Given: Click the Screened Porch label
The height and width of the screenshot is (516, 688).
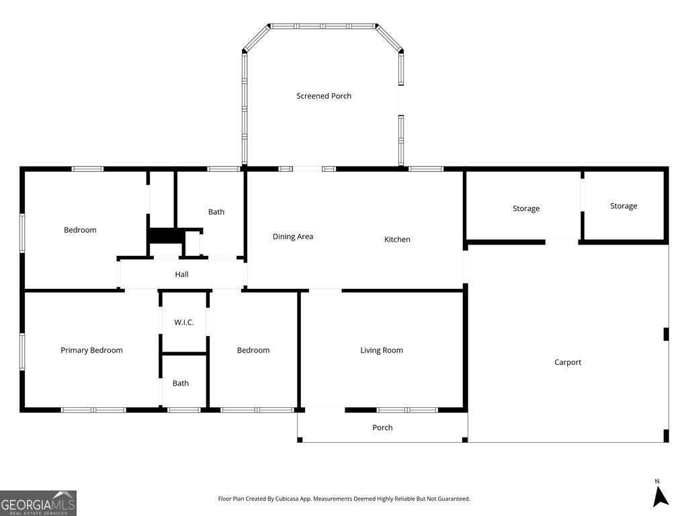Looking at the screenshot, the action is [x=324, y=95].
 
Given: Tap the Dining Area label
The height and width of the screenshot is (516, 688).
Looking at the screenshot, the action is [x=293, y=236].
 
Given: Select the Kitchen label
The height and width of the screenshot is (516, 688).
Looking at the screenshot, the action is [x=397, y=239].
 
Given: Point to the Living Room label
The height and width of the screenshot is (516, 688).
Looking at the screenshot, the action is [x=382, y=350].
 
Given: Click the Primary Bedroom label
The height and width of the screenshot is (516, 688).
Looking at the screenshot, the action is [x=91, y=350].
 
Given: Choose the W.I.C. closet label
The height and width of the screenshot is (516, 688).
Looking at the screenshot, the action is [x=184, y=322].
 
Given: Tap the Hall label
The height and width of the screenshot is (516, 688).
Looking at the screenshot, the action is [x=181, y=274].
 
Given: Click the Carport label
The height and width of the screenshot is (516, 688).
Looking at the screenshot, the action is [x=567, y=362].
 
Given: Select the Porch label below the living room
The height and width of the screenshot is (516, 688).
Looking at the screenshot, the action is [x=382, y=427].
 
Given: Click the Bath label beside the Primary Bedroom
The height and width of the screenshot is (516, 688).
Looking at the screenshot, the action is [x=180, y=383].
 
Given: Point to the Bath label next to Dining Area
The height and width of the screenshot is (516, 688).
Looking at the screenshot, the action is [x=216, y=212].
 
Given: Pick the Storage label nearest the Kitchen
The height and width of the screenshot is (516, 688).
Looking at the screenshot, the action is [x=526, y=208].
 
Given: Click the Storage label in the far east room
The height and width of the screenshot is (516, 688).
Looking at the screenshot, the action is [x=623, y=206].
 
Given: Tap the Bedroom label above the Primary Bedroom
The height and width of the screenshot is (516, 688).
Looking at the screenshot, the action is [x=80, y=230].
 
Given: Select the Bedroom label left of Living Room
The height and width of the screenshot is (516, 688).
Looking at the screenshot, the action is [x=253, y=350].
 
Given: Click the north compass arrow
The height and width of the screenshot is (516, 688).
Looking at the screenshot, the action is [x=660, y=498].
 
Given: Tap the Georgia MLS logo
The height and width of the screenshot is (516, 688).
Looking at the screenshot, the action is [x=38, y=503].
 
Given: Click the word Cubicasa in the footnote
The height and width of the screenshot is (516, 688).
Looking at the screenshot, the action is [x=287, y=499].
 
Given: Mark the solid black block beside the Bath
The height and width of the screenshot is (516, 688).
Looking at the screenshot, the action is [x=166, y=236].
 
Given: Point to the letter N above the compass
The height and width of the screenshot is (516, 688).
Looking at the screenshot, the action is [x=657, y=481].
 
